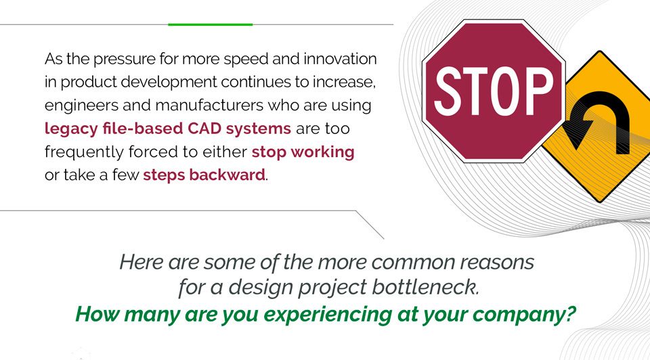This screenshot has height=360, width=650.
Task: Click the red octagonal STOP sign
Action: [x=493, y=91]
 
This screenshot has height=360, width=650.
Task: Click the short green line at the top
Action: [x=210, y=24]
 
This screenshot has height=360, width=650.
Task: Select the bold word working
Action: [x=324, y=152]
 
